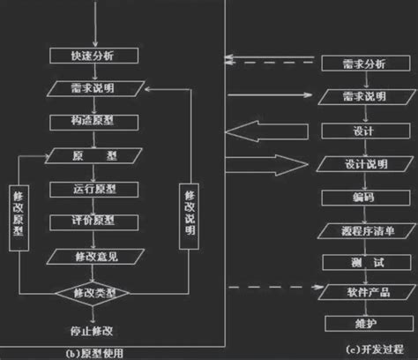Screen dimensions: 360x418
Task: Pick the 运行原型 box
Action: tap(98, 189)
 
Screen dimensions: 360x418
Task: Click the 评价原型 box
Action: tap(98, 221)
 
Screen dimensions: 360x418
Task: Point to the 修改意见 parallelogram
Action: tap(98, 256)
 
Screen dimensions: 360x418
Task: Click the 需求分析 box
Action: tap(355, 64)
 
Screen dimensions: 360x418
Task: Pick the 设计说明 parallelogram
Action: tap(355, 163)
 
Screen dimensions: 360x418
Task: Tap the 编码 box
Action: tap(355, 196)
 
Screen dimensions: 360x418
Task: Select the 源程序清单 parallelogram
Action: tap(355, 229)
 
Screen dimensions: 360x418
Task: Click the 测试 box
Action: tap(355, 261)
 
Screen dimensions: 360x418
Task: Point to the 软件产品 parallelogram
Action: tap(355, 290)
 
